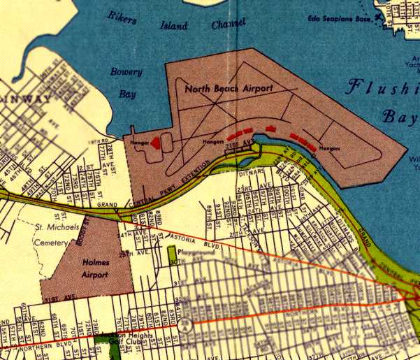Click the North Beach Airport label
tap(229, 89)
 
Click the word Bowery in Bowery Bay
tap(126, 72)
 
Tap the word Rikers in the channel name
tap(122, 17)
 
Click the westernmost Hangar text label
tap(137, 142)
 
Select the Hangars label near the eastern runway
tap(329, 148)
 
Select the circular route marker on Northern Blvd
tap(184, 324)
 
